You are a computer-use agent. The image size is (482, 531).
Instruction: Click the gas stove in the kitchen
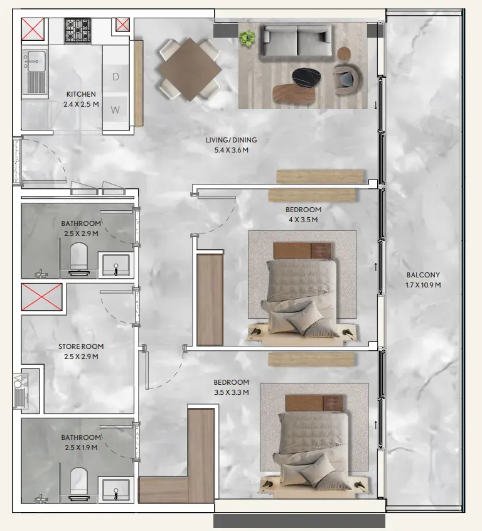tap(78, 31)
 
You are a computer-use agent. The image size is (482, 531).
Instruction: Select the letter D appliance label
tap(115, 77)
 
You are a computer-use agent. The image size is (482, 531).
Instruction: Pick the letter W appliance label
tap(115, 110)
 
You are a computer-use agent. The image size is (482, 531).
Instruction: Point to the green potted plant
tap(248, 38)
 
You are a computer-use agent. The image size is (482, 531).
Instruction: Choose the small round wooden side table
tap(344, 53)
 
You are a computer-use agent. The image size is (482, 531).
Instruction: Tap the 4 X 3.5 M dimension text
tap(303, 220)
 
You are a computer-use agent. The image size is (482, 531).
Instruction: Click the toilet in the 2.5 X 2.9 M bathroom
tap(79, 258)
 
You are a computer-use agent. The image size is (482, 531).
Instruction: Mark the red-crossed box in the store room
tap(41, 297)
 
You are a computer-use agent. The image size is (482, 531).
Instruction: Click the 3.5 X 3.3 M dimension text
tap(232, 392)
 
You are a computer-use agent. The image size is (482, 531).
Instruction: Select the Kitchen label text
tap(81, 94)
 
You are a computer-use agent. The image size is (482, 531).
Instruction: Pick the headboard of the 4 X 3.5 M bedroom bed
tap(302, 251)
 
